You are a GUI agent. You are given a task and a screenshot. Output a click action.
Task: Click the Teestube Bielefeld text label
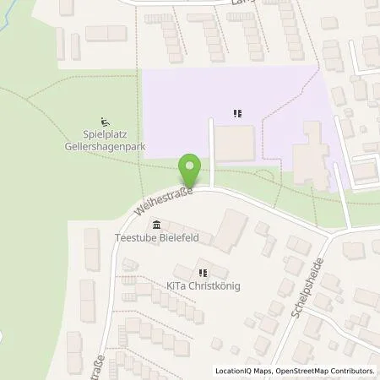pos(156,238)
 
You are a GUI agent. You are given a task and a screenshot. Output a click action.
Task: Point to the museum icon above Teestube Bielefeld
pos(156,225)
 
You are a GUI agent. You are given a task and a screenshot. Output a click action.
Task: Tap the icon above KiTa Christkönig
pos(203,273)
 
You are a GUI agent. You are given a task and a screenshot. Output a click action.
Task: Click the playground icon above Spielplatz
pos(104,121)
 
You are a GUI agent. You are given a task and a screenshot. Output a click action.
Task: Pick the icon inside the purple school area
pos(237,111)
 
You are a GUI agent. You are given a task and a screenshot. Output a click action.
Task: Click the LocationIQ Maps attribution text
pos(242,371)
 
